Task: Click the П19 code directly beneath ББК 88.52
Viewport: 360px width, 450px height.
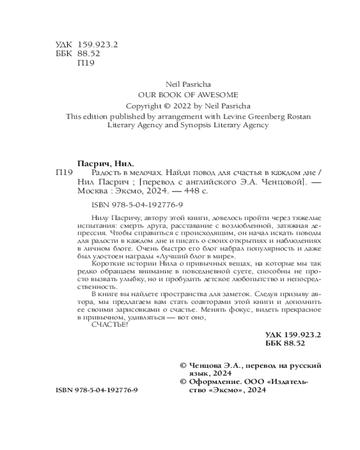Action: click(x=85, y=63)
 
